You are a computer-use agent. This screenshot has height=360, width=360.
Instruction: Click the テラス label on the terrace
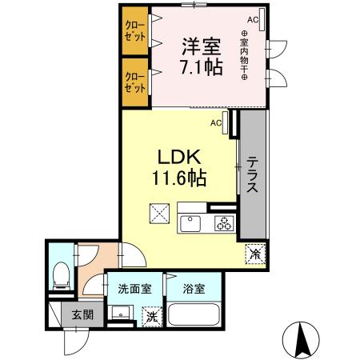252,174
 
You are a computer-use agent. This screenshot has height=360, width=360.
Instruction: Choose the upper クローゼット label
135,31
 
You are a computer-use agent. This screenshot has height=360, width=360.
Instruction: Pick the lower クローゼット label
135,82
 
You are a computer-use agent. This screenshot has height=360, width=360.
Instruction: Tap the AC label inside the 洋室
252,19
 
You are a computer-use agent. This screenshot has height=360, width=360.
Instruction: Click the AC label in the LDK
216,122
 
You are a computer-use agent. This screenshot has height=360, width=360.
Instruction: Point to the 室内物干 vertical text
244,54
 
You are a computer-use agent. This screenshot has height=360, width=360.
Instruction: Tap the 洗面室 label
134,289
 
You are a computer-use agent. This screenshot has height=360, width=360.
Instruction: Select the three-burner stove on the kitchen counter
222,223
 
